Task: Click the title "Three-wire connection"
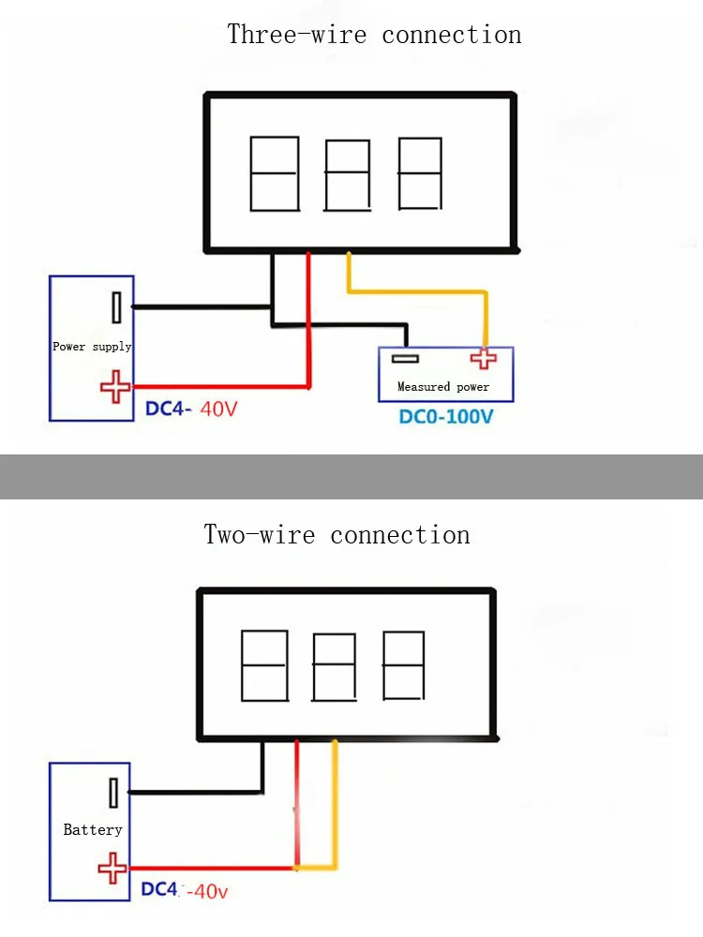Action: [x=374, y=36]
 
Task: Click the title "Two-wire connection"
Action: [x=337, y=535]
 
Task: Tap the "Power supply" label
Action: [x=92, y=347]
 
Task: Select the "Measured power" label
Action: [x=443, y=387]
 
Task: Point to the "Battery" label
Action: [x=93, y=829]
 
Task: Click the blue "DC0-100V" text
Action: [x=445, y=416]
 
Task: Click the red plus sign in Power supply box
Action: [x=115, y=386]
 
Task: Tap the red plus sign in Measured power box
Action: [x=484, y=358]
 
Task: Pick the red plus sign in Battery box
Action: [x=112, y=868]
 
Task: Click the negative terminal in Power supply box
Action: [x=115, y=306]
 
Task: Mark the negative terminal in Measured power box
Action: [x=405, y=358]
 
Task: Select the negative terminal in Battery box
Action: [x=112, y=793]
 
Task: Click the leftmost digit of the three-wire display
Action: [x=275, y=173]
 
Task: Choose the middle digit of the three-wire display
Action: [x=346, y=174]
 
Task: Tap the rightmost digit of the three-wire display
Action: [x=420, y=173]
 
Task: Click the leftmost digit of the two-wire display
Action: [x=263, y=665]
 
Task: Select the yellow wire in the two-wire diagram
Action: [x=334, y=806]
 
